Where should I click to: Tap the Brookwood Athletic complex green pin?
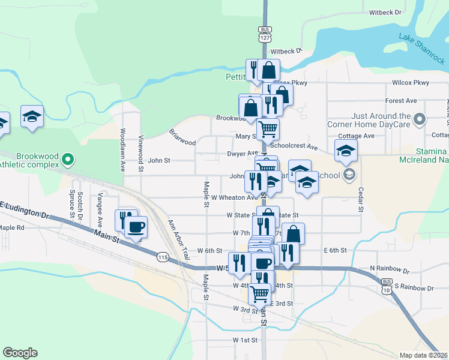68,160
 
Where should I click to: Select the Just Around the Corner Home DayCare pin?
420,119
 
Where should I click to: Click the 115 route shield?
163,257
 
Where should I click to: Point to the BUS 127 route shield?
265,34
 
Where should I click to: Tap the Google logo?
20,353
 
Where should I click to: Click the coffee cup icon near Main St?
136,227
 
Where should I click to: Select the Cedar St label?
361,199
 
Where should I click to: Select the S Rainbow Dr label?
414,289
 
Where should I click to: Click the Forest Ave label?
401,101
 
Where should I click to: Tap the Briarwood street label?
182,138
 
